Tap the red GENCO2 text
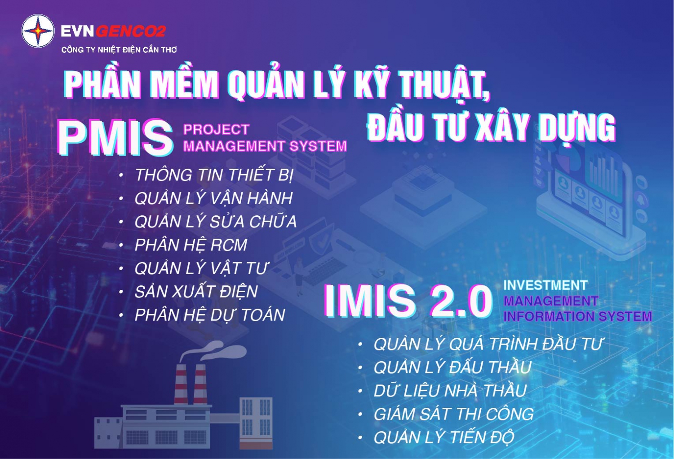coord(131,31)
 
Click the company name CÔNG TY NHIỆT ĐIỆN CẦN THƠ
coord(119,49)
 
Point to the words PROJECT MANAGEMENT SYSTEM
coord(265,138)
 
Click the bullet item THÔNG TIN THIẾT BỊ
coord(213,175)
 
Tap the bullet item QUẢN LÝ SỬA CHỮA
coord(215,221)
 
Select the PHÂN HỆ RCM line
coord(191,245)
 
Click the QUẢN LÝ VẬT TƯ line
coord(201,268)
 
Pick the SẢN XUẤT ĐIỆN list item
coord(196,291)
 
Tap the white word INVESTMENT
coord(545,285)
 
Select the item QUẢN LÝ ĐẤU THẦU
coord(452,367)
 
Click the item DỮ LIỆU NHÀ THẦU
coord(450,390)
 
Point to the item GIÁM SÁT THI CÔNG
coord(454,414)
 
